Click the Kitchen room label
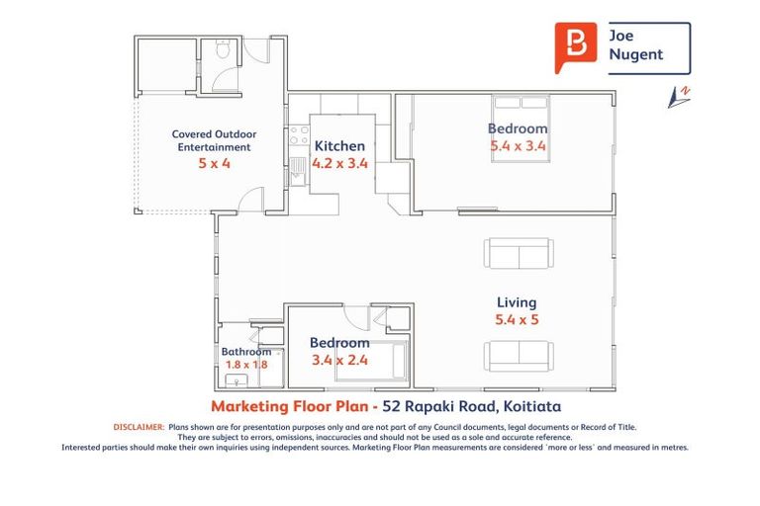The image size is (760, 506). tap(339, 146)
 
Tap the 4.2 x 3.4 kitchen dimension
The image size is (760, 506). tap(339, 164)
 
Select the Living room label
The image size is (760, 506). tap(516, 302)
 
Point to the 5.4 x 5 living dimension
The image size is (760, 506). tap(516, 320)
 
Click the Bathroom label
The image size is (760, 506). tap(245, 351)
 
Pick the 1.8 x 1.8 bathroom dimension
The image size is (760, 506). tap(245, 365)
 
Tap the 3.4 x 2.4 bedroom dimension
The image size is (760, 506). tap(339, 360)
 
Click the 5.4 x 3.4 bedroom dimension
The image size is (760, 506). tap(518, 146)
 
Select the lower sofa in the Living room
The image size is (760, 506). tap(518, 356)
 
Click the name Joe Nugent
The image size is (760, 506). tap(636, 45)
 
